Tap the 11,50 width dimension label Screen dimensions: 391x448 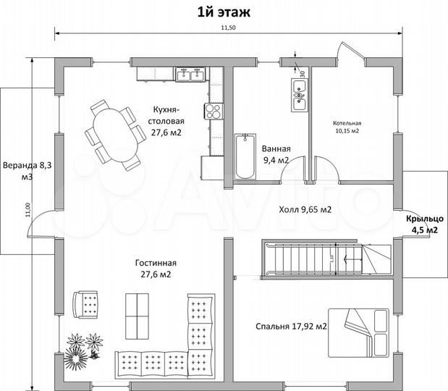click(x=228, y=28)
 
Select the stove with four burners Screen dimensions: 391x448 click(x=214, y=111)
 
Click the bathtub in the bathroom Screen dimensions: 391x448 click(x=245, y=156)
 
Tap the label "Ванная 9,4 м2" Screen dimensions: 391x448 click(x=275, y=154)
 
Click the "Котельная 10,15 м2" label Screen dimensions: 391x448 click(x=347, y=127)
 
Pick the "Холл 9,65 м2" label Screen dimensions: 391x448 click(x=305, y=210)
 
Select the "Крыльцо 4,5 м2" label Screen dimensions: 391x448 click(x=420, y=224)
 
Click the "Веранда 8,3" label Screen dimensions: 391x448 click(x=26, y=169)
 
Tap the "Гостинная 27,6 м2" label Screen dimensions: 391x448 click(x=155, y=269)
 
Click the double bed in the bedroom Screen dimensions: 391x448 click(x=360, y=329)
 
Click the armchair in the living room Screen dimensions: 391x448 click(x=86, y=303)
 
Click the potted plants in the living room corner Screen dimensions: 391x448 click(x=83, y=348)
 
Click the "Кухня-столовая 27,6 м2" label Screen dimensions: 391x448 click(x=166, y=121)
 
